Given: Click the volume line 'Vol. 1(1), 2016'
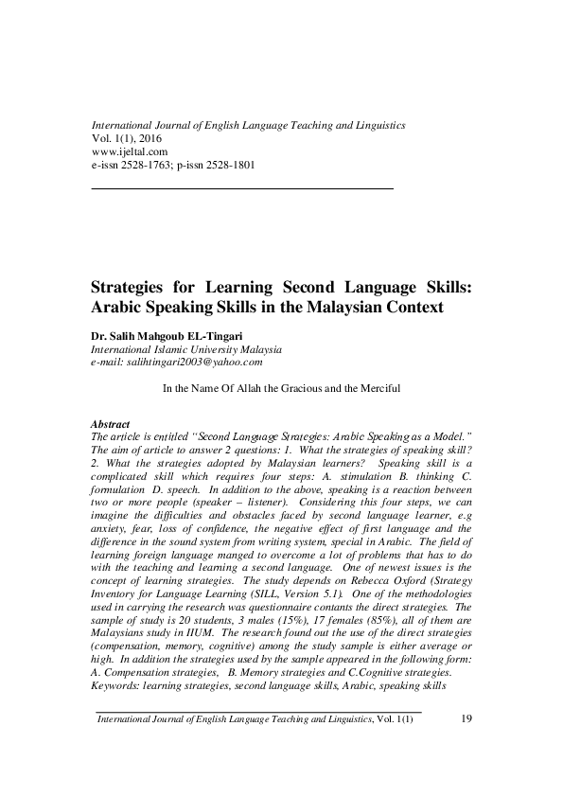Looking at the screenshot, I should pyautogui.click(x=128, y=138).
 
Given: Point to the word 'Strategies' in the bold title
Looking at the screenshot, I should pyautogui.click(x=131, y=288).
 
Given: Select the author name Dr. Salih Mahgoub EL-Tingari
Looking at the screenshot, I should pyautogui.click(x=169, y=335).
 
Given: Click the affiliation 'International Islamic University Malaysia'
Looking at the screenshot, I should pyautogui.click(x=186, y=348).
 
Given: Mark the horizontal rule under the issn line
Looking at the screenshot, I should pyautogui.click(x=240, y=189).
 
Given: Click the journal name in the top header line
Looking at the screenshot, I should pyautogui.click(x=247, y=125).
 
